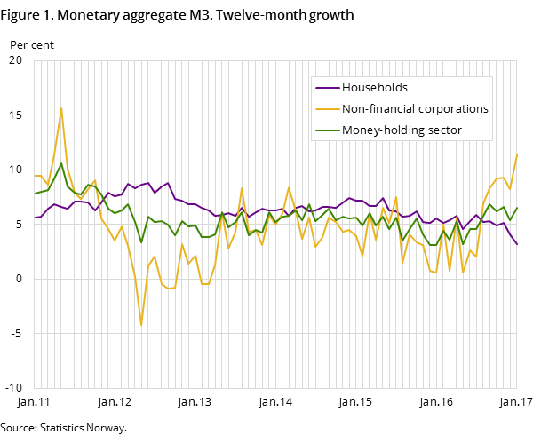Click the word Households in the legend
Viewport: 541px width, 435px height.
coord(375,88)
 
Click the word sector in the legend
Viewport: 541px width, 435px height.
coord(445,130)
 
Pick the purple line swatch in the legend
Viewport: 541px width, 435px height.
coord(327,88)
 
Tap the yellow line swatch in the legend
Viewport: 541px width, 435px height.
coord(327,109)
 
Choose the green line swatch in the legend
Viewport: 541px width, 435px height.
coord(327,130)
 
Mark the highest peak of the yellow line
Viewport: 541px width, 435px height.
coord(61,108)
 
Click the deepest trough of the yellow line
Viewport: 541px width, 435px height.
coord(140,325)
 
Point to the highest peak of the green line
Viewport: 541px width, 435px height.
coord(61,163)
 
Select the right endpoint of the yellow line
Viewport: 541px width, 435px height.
coord(517,154)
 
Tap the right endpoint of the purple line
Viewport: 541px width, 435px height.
coord(517,244)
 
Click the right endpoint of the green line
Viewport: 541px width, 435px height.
coord(517,208)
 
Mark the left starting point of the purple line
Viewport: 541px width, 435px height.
coord(35,217)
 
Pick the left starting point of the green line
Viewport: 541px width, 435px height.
coord(35,194)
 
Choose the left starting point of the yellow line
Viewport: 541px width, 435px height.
coord(35,176)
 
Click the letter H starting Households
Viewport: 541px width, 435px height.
coord(346,88)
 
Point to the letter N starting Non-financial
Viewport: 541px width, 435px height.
coord(346,109)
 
